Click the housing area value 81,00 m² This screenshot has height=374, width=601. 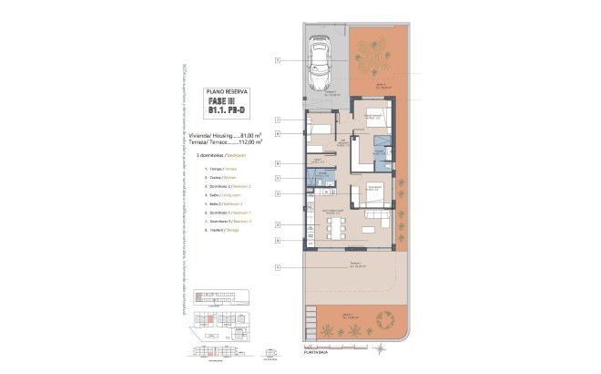point(247,134)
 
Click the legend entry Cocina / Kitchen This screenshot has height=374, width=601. point(205,177)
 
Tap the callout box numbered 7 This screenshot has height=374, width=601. point(277,120)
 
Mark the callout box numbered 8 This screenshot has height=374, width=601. point(277,134)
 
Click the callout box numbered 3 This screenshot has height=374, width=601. point(277,193)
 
